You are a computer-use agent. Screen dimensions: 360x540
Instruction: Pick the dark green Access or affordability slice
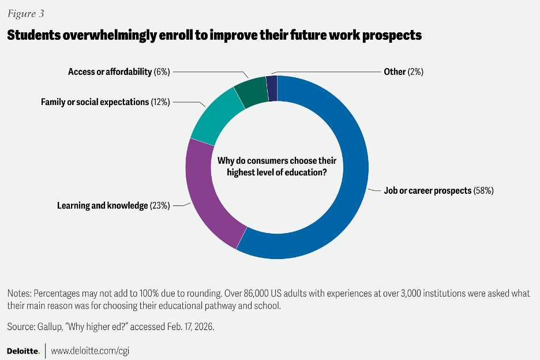[x=250, y=91]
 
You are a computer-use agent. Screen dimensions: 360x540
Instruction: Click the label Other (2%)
[x=403, y=72]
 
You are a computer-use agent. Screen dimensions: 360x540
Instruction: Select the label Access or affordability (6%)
[x=118, y=72]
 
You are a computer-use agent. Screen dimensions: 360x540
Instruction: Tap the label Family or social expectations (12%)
[x=104, y=102]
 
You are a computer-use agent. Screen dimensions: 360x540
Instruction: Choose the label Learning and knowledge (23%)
[x=112, y=205]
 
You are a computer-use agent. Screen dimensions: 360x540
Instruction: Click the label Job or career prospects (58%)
[x=438, y=190]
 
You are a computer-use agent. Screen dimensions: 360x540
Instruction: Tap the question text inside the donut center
[x=276, y=167]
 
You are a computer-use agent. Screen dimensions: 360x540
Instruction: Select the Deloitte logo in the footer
[x=23, y=350]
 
